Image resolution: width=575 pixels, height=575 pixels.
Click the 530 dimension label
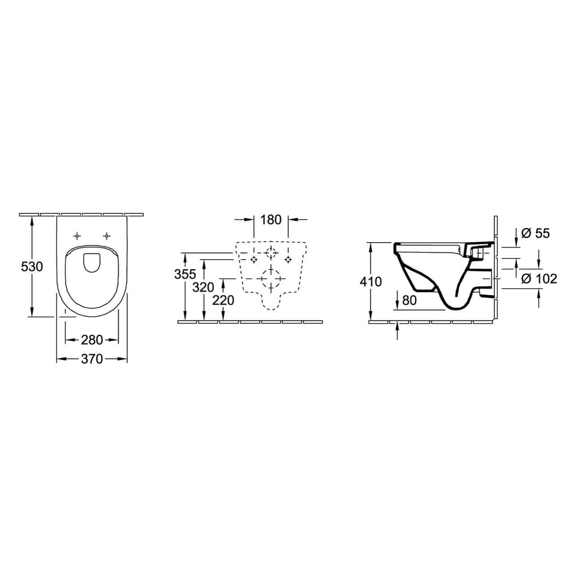point(32,266)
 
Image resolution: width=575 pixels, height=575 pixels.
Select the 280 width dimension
point(92,340)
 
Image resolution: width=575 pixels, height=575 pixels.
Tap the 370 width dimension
point(92,359)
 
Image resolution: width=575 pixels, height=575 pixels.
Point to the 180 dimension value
point(271,220)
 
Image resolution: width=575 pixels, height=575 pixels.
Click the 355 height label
point(185,274)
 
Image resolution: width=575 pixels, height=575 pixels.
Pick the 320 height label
point(203,287)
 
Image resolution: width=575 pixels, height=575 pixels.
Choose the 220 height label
point(223,300)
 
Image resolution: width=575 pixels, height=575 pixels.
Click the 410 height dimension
point(371,282)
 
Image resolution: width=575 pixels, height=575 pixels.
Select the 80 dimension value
point(409,301)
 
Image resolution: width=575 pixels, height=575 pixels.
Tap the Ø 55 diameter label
point(535,233)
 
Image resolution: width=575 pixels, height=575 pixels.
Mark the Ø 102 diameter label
point(539,279)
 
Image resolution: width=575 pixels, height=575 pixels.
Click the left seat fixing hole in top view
point(78,236)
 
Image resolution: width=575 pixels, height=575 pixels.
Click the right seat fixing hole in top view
point(107,236)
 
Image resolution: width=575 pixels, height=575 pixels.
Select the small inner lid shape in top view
point(92,263)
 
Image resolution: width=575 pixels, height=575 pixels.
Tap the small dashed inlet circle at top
point(271,253)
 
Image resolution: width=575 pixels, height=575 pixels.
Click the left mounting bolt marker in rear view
point(254,260)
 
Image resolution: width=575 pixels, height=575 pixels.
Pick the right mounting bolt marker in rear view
point(288,260)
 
